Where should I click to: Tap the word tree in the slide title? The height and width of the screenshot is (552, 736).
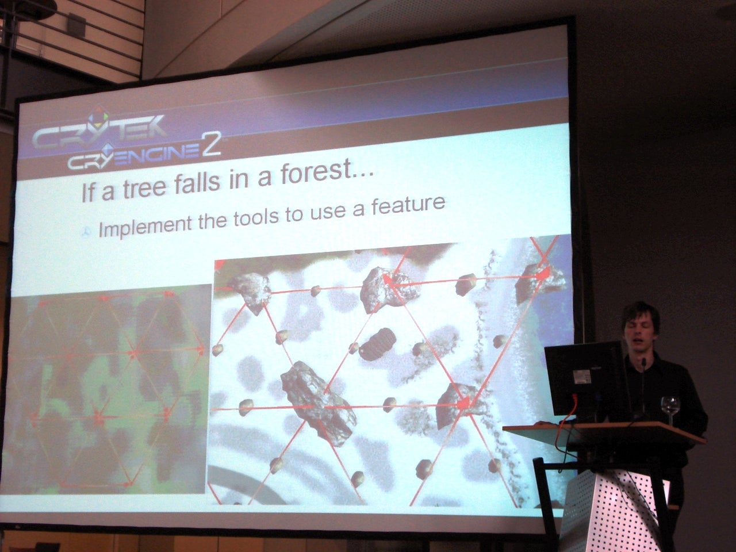coord(145,188)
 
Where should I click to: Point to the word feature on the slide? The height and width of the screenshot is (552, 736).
coord(408,206)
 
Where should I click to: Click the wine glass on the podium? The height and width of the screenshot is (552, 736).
coord(670,410)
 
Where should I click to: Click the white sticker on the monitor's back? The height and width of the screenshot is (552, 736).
coord(581,377)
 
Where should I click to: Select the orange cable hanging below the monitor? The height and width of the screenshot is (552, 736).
coord(563,432)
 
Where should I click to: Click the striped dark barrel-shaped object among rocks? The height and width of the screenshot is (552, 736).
coord(378,344)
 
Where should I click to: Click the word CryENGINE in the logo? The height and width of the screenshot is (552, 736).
coord(134,157)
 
